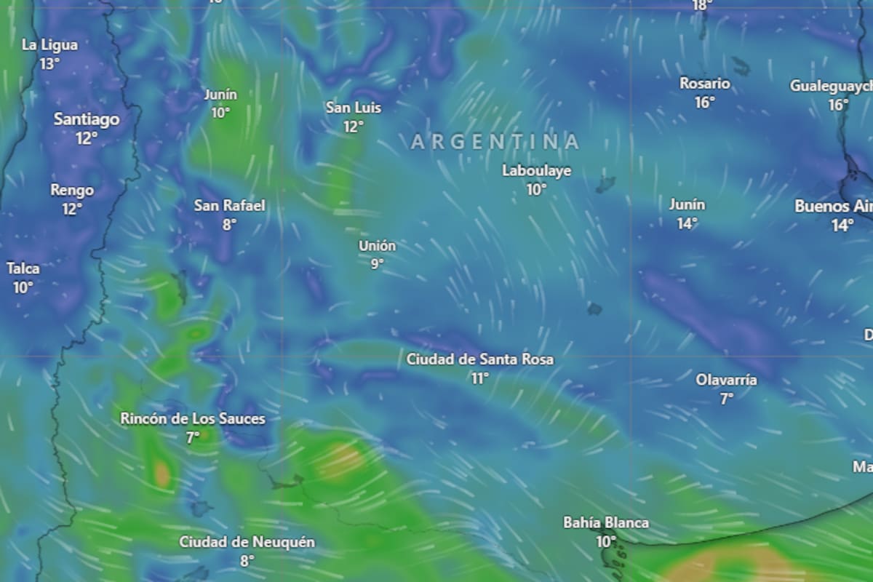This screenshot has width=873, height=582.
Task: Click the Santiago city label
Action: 87,119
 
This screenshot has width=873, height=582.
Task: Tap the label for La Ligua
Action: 49,45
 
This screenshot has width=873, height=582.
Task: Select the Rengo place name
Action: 72,191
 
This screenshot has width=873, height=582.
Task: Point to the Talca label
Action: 23,268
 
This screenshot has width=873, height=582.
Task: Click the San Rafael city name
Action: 229,206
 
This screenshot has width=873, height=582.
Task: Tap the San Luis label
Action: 353,108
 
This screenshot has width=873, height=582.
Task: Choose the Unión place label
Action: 377,246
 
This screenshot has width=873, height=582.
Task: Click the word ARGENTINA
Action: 495,142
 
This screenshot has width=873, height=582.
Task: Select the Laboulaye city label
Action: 536,171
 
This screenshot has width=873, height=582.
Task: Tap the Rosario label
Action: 704,84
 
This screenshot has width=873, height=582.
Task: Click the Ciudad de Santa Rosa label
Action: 479,359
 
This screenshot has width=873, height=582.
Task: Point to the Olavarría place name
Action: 726,380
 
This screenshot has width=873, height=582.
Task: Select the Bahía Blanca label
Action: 606,523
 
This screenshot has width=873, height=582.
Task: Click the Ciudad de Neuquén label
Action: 247,542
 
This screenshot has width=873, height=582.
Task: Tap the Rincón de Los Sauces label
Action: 193,419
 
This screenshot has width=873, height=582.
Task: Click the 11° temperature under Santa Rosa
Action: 479,378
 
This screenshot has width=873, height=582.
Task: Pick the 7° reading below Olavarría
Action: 726,399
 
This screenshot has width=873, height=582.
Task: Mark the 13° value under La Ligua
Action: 49,64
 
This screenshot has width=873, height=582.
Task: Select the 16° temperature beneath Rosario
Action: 704,103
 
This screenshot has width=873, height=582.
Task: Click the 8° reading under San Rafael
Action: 229,225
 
